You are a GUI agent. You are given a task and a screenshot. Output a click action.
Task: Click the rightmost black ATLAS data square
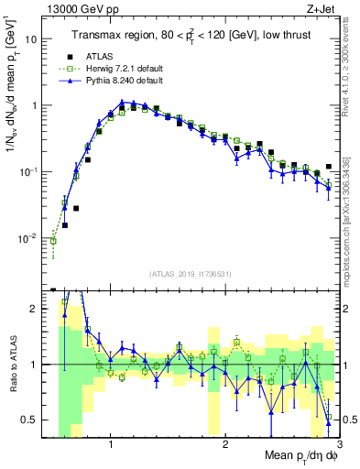point(329,166)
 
